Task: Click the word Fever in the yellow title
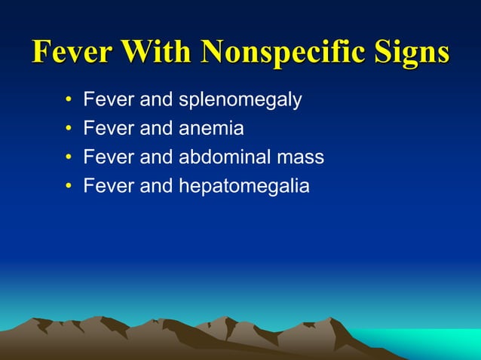pyautogui.click(x=72, y=52)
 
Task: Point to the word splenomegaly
pyautogui.click(x=240, y=100)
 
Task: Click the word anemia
pyautogui.click(x=211, y=129)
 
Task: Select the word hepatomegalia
pyautogui.click(x=244, y=186)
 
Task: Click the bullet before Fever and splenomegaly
pyautogui.click(x=68, y=100)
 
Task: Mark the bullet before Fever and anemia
pyautogui.click(x=68, y=129)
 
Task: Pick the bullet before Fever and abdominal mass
pyautogui.click(x=68, y=157)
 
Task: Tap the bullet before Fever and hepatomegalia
pyautogui.click(x=68, y=186)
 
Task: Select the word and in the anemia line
pyautogui.click(x=157, y=129)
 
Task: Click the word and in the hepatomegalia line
pyautogui.click(x=157, y=186)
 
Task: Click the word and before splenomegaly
pyautogui.click(x=157, y=100)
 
